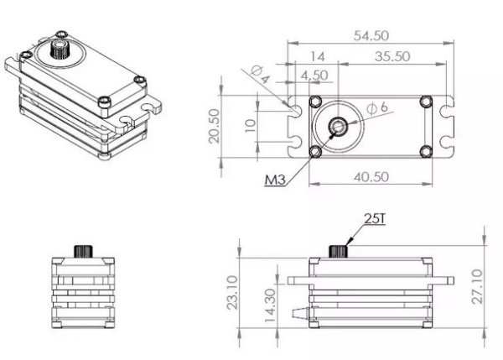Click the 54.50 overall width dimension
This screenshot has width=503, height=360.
pyautogui.click(x=371, y=36)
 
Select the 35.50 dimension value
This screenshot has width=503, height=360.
pyautogui.click(x=392, y=57)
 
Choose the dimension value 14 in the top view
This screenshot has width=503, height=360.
pyautogui.click(x=317, y=56)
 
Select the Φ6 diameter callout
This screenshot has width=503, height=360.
pyautogui.click(x=377, y=107)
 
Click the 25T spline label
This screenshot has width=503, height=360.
pyautogui.click(x=373, y=218)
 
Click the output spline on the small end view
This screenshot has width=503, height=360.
pyautogui.click(x=82, y=251)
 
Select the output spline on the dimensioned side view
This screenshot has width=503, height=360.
pyautogui.click(x=339, y=251)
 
